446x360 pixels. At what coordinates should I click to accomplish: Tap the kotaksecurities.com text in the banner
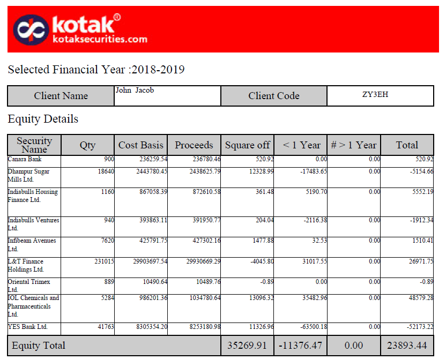(100, 39)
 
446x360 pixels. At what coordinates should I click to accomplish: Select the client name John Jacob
(135, 91)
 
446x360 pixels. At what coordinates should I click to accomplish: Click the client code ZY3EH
(375, 94)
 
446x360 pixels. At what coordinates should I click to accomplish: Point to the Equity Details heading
(43, 119)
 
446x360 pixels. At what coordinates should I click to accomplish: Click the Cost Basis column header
(140, 145)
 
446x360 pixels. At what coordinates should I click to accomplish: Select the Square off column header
(247, 145)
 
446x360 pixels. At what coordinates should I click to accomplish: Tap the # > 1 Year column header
(354, 145)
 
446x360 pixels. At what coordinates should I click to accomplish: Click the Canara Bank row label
(24, 160)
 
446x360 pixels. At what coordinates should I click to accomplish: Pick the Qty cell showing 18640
(104, 171)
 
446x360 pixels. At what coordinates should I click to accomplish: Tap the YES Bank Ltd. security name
(28, 327)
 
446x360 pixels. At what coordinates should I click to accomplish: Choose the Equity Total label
(39, 346)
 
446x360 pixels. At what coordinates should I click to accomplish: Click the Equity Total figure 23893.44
(407, 346)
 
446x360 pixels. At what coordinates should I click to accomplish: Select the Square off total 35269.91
(247, 346)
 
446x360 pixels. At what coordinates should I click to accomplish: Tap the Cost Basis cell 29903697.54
(146, 261)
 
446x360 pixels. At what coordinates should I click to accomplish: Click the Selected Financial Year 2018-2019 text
(96, 70)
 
